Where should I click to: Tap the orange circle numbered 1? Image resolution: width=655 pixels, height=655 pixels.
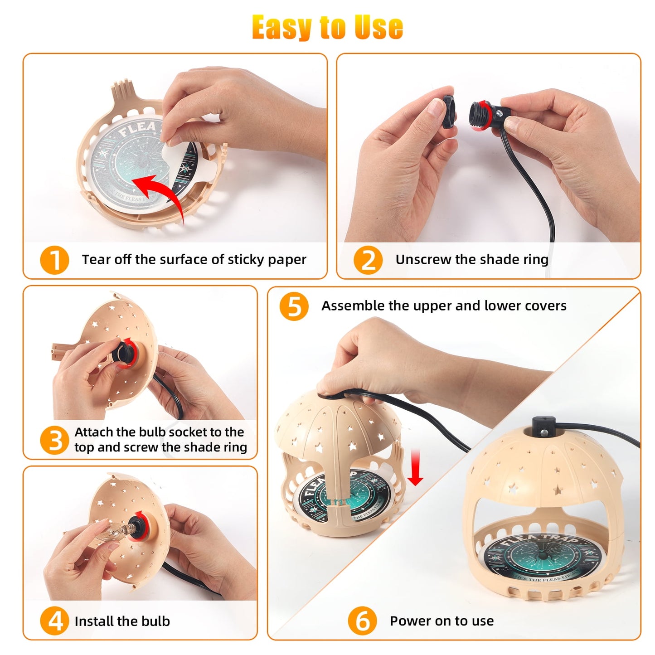pos(54,260)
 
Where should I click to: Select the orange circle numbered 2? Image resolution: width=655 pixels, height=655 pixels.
pos(368,260)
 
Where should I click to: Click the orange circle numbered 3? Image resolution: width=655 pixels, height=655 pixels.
pos(54,440)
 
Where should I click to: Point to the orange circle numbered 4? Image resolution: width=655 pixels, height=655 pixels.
pos(54,621)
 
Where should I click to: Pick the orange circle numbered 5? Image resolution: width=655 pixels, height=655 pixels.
pos(294,306)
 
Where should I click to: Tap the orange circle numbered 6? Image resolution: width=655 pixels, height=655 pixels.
pos(362,621)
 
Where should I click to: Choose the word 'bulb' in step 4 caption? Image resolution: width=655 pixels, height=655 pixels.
pos(156,621)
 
